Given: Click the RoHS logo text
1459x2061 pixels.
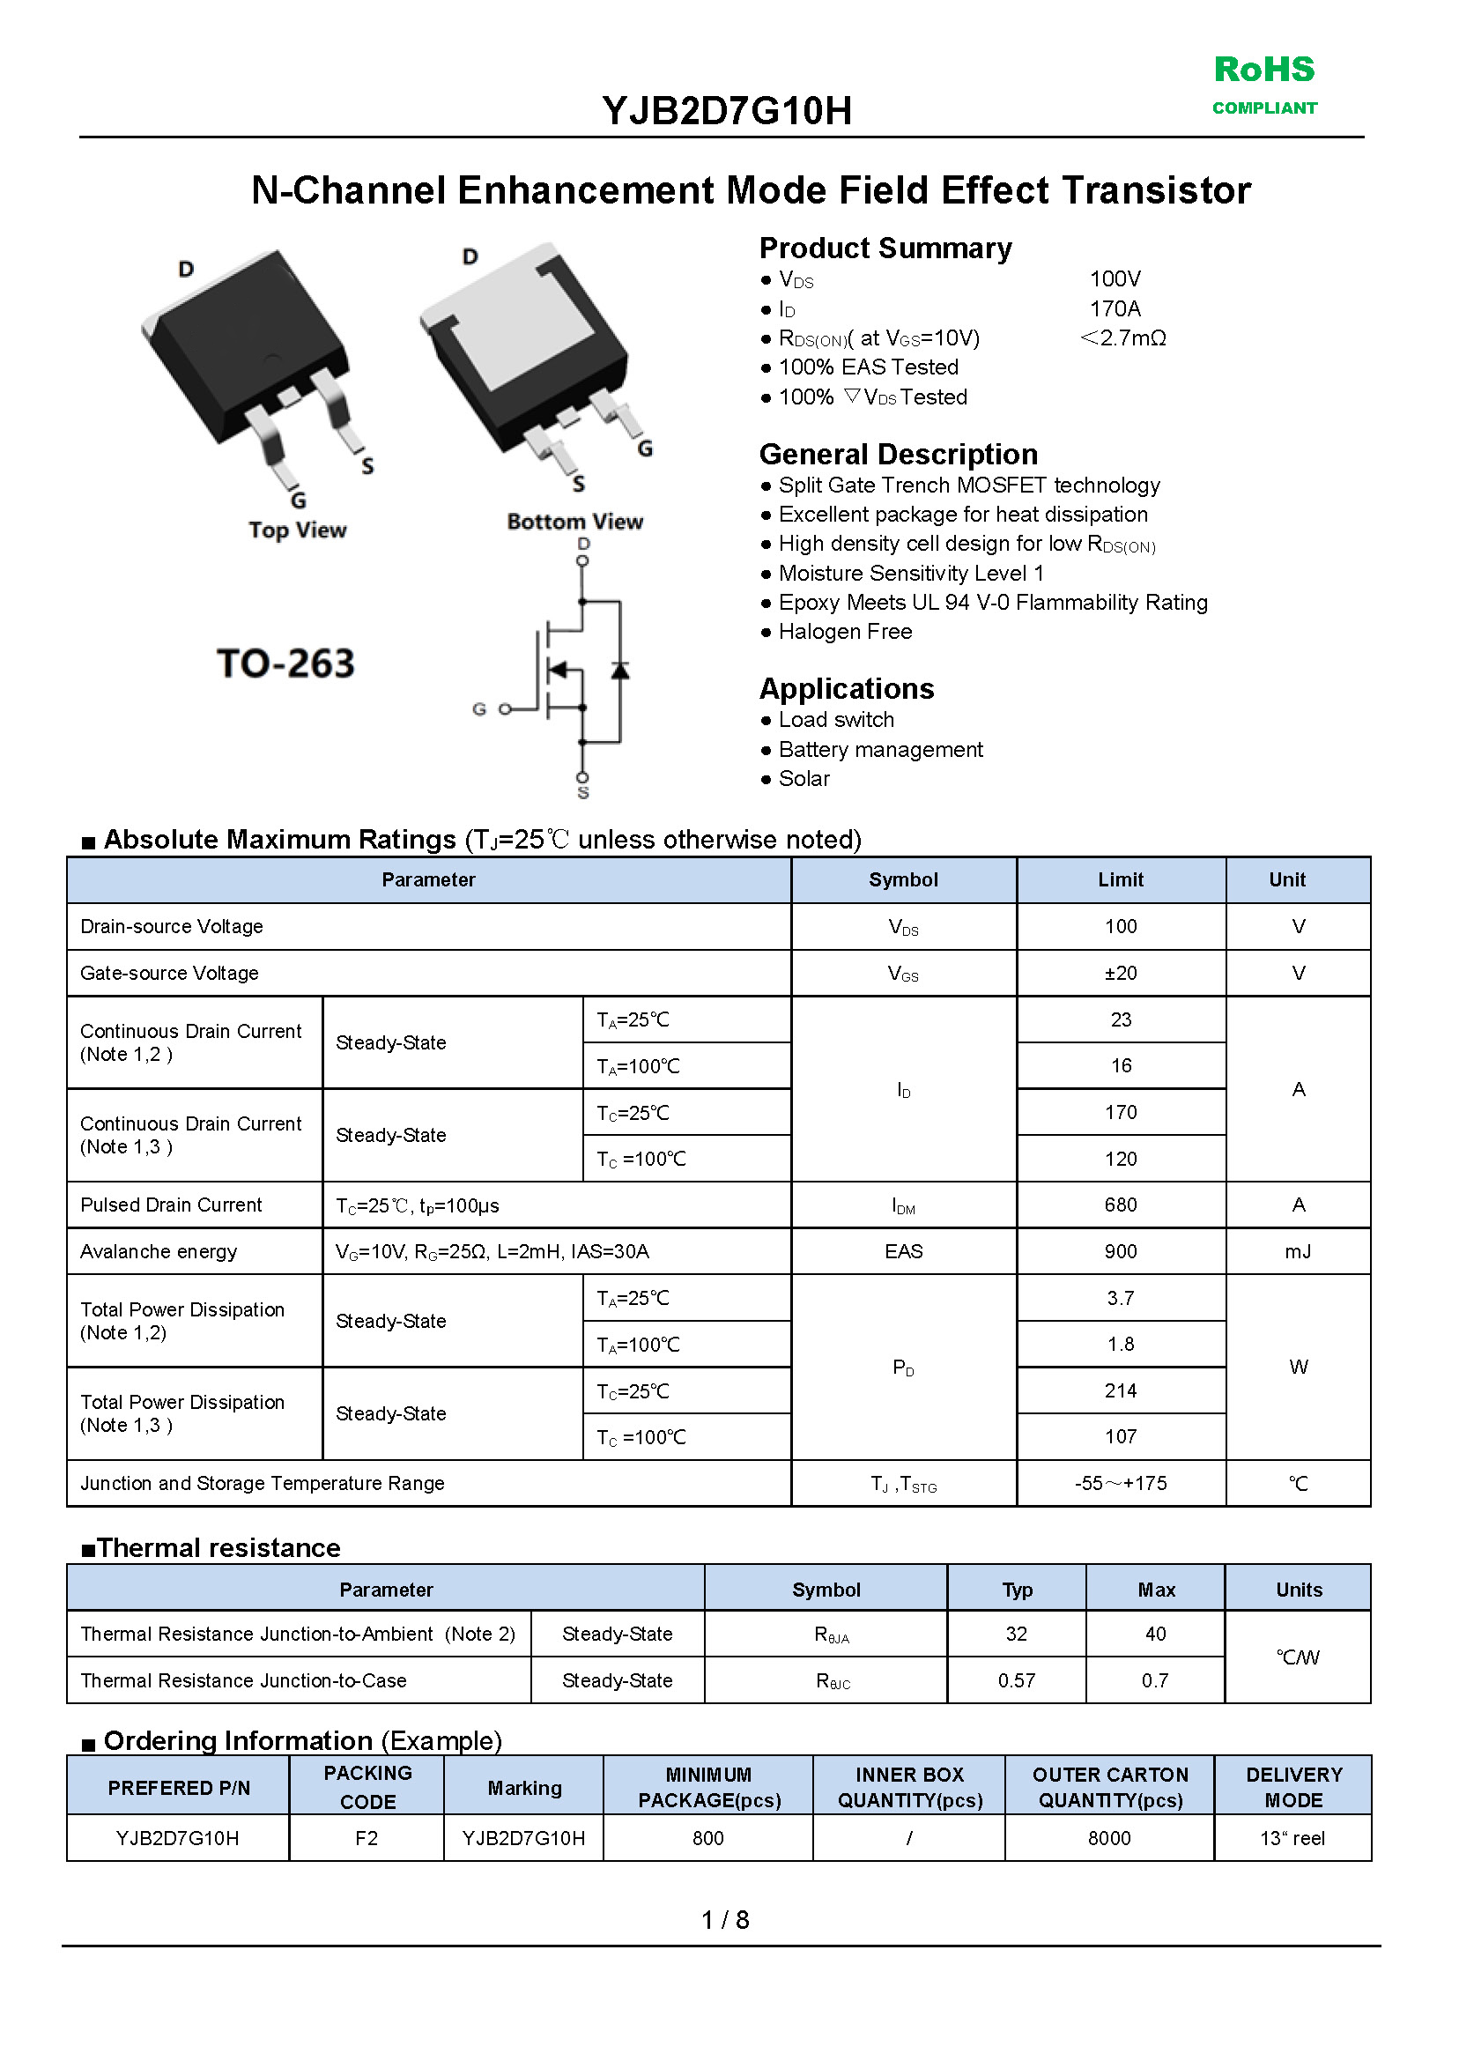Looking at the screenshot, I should tap(1263, 70).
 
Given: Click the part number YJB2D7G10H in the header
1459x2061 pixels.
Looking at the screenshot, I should tap(727, 111).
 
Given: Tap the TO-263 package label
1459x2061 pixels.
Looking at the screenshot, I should tap(285, 664).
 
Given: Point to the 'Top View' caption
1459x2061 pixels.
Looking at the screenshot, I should tap(298, 530).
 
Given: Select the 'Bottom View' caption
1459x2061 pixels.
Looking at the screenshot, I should tap(575, 522).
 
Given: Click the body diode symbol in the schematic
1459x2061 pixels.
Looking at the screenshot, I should tap(620, 671).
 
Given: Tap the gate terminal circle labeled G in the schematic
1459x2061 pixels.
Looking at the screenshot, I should tap(505, 709).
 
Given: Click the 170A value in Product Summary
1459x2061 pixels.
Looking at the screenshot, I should tap(1115, 309).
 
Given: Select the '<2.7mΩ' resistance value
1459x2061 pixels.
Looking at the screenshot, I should tap(1123, 338).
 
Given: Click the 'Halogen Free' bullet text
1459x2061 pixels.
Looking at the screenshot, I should tap(845, 633).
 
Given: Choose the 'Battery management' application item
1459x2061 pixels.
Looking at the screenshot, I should tap(880, 750).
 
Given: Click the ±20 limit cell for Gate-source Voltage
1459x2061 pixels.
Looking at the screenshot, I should tap(1121, 973).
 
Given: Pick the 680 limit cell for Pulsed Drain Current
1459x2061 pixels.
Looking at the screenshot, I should tap(1121, 1205).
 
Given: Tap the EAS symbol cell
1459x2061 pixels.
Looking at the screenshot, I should tap(903, 1251).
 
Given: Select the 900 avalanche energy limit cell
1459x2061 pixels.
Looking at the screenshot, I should tap(1121, 1251).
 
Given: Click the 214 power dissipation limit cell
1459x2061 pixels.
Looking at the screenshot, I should tap(1121, 1390).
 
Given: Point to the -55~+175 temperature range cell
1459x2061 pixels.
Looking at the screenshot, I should tap(1121, 1483).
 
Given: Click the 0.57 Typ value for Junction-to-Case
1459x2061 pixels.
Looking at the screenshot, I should tap(1016, 1680).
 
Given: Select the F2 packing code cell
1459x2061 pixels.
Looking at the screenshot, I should tap(367, 1838).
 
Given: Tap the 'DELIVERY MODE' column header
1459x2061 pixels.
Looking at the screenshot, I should tap(1293, 1787).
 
